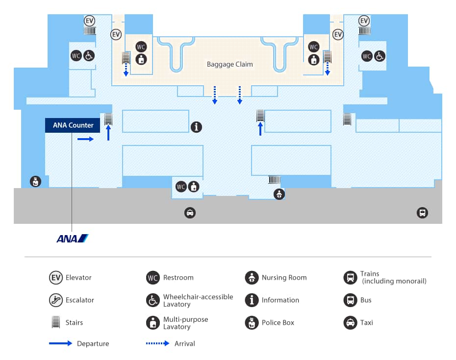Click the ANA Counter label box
(x=73, y=125)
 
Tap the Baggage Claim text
(x=229, y=64)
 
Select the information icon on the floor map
(x=196, y=127)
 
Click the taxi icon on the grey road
(x=190, y=213)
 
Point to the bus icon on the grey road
(x=422, y=213)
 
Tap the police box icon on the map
(x=35, y=181)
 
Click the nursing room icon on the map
(x=279, y=194)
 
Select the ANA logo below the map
(x=72, y=239)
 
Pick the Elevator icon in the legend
(x=56, y=278)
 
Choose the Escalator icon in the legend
(x=56, y=300)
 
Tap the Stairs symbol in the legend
(x=56, y=323)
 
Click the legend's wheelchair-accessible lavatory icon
(x=153, y=300)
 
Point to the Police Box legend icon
(x=252, y=323)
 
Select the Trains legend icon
(x=350, y=278)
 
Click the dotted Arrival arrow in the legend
(x=157, y=343)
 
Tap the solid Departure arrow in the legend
(x=60, y=343)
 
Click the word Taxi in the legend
(x=366, y=323)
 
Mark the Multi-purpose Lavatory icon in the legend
(x=153, y=323)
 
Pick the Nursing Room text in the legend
(x=284, y=278)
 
